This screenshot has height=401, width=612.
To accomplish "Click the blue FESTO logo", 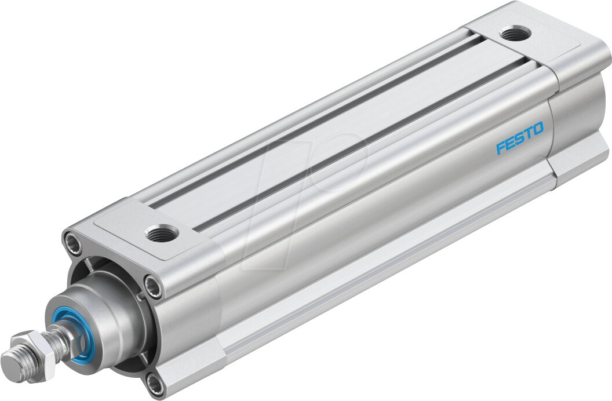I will pos(520,138).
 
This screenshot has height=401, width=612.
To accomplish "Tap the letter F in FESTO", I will pos(501,148).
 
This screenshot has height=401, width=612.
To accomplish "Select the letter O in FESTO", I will pos(538,129).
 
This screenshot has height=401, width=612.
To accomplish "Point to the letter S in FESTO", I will pos(519,138).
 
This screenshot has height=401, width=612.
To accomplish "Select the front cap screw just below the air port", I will pos(153,285).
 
